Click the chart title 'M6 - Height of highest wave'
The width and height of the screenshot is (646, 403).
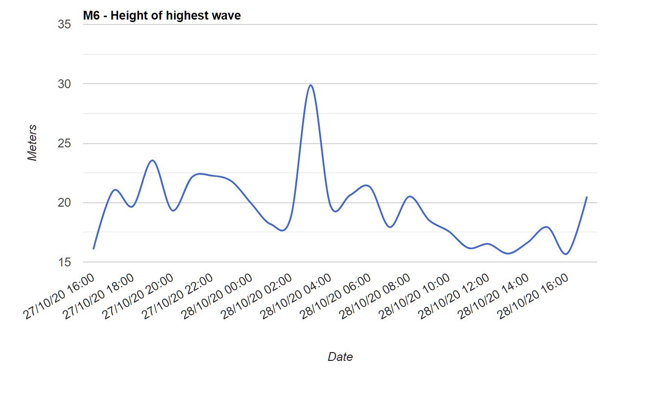162,16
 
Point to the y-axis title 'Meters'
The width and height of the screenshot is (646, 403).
32,143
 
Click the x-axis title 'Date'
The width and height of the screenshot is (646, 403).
340,357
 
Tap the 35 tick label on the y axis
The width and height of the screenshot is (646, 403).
65,24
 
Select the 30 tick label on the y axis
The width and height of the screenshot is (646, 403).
65,84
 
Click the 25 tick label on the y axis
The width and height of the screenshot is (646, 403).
65,143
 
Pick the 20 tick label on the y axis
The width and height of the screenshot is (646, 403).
65,203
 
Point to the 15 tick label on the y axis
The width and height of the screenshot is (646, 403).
65,262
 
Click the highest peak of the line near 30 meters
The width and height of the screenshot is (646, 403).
311,85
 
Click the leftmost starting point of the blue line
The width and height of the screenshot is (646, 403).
93,249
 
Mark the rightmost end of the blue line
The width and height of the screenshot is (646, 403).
587,197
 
